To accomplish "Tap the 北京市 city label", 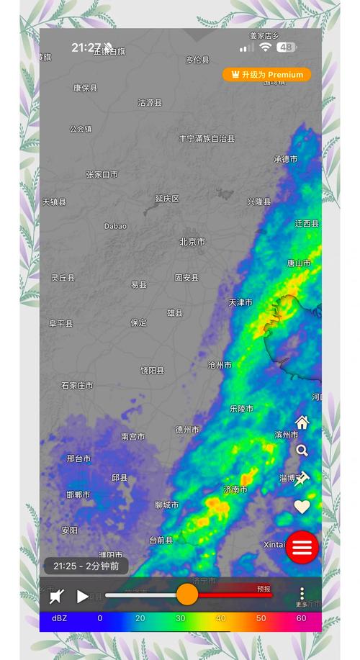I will tap(192, 242).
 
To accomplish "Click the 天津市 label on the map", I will tap(240, 302).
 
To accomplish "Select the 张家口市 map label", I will tap(102, 174).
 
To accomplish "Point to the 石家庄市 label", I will tap(77, 386).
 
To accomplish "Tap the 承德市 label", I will tap(285, 159).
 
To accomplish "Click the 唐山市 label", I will tap(299, 263).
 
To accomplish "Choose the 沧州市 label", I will tap(220, 365).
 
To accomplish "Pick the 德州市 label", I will tap(187, 430).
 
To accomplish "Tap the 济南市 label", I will tap(235, 489).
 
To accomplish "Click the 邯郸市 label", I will tap(78, 494).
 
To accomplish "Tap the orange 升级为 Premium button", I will tap(266, 75).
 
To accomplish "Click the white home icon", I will tap(302, 422).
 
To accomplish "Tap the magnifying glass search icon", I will tap(302, 451).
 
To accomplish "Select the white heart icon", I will tap(302, 507).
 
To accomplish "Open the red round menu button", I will tap(302, 547).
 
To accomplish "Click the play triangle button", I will tap(83, 596).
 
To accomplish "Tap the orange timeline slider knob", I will tap(187, 595).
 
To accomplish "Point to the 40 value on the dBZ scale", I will tap(220, 618).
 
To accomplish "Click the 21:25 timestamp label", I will tap(86, 566).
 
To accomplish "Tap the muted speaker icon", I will tap(57, 596).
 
